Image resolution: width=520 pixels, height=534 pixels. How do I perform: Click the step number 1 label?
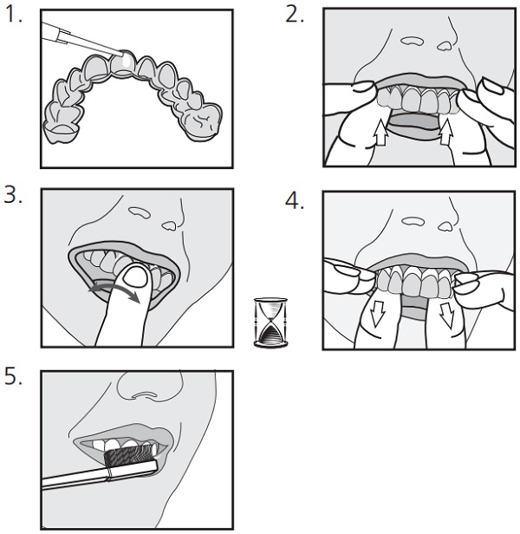click(11, 17)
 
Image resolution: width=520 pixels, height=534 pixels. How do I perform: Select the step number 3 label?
click(11, 197)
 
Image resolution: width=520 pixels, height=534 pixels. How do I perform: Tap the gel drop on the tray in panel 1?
click(124, 62)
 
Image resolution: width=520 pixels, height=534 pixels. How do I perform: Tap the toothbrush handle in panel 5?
click(78, 476)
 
